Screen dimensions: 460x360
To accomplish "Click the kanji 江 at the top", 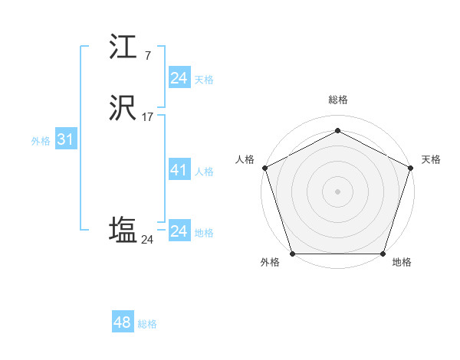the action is pyautogui.click(x=125, y=49).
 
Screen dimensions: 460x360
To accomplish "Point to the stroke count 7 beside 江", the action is pyautogui.click(x=147, y=56).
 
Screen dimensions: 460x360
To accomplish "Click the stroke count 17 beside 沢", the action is pyautogui.click(x=148, y=117).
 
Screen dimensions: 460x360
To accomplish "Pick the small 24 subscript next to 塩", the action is pyautogui.click(x=147, y=240).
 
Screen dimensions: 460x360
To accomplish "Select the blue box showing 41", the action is pyautogui.click(x=179, y=170).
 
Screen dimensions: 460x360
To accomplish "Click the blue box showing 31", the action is pyautogui.click(x=65, y=140).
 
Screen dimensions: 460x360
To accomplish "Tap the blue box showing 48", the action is pyautogui.click(x=122, y=322).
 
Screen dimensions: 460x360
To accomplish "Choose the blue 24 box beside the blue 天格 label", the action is pyautogui.click(x=179, y=78).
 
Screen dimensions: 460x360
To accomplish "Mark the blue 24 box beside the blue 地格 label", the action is pyautogui.click(x=179, y=231).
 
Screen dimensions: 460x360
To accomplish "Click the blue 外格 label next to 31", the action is pyautogui.click(x=41, y=141).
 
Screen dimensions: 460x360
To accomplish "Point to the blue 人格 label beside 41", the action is pyautogui.click(x=204, y=172).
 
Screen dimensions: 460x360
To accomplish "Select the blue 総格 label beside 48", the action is pyautogui.click(x=147, y=324).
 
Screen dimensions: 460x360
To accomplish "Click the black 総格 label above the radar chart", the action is pyautogui.click(x=338, y=100).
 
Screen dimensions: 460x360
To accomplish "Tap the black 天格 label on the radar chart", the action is pyautogui.click(x=432, y=159).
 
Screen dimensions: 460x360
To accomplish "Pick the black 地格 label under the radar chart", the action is pyautogui.click(x=402, y=263).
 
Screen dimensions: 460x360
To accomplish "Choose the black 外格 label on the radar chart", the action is pyautogui.click(x=270, y=263).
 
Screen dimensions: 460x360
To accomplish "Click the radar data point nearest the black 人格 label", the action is pyautogui.click(x=264, y=167).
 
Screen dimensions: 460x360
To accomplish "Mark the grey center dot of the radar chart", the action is pyautogui.click(x=337, y=191).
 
